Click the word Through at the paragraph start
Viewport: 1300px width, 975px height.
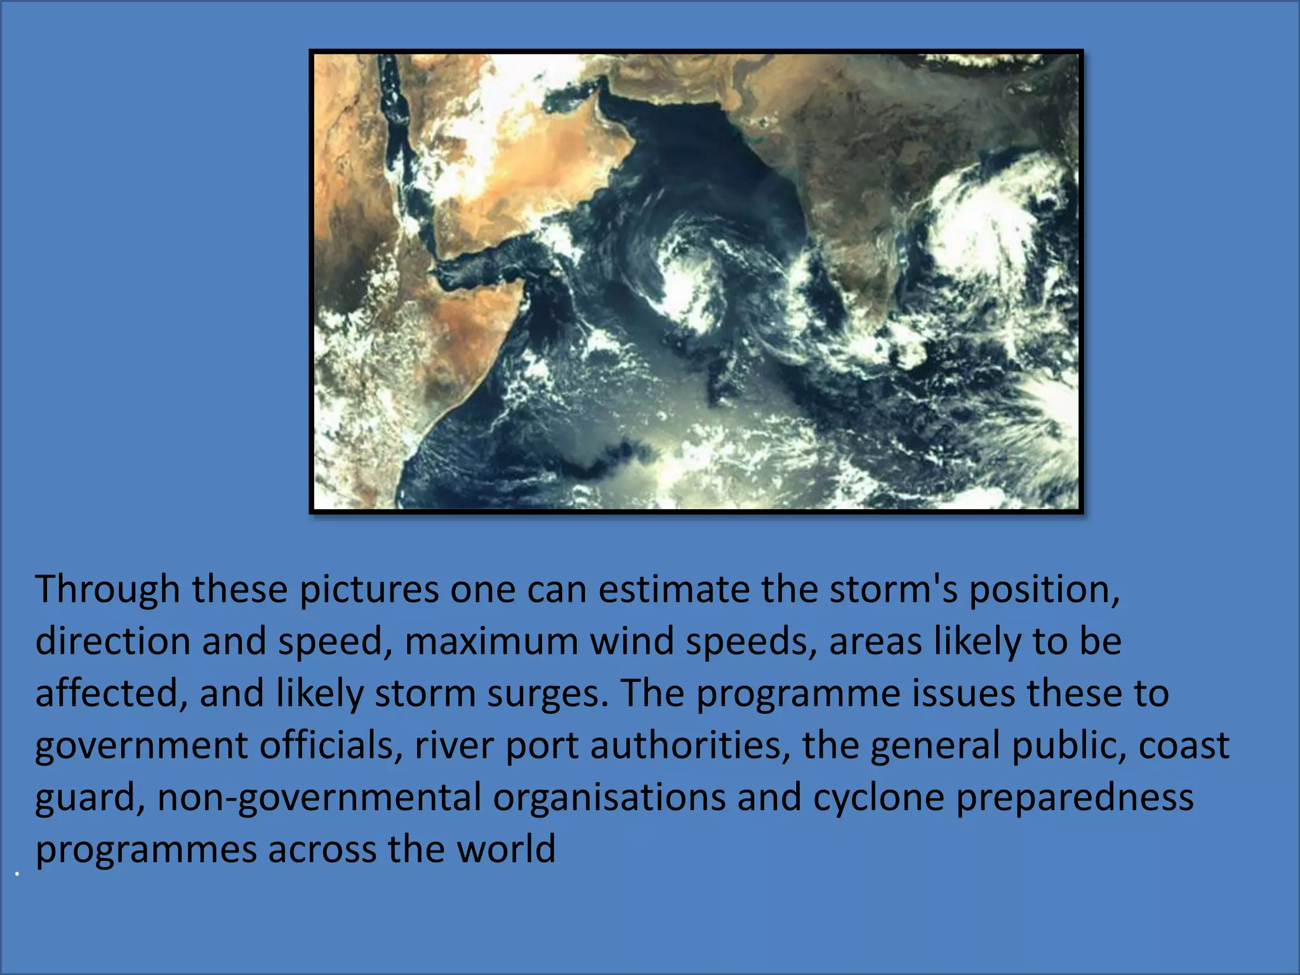click(x=107, y=590)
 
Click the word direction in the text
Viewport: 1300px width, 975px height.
click(x=113, y=641)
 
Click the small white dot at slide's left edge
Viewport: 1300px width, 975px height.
click(x=17, y=875)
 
